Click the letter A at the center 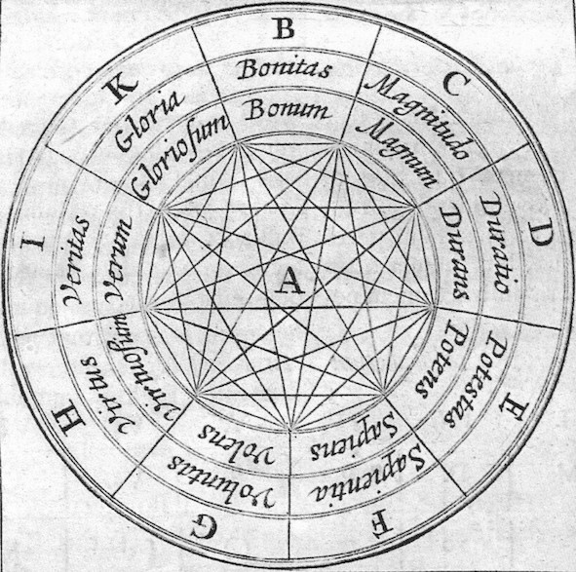coord(289,280)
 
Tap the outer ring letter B coord(284,28)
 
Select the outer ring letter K coord(120,88)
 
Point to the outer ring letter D coord(539,233)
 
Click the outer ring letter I coord(33,242)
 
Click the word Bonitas coord(284,69)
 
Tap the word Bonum coord(287,109)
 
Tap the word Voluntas coord(221,482)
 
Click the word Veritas coord(75,260)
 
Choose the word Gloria coord(149,121)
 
